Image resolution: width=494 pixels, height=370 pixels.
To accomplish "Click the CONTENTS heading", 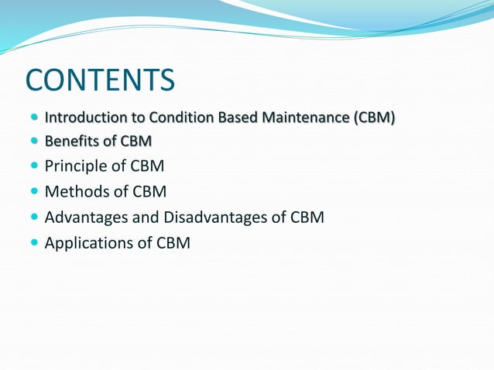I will (100, 80).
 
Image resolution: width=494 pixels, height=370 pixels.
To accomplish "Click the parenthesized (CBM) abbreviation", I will (374, 118).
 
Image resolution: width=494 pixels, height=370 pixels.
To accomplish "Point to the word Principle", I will (76, 166).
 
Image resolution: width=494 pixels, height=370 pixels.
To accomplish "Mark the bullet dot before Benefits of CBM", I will (33, 142).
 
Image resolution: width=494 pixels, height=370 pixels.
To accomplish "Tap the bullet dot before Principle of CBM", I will (33, 166).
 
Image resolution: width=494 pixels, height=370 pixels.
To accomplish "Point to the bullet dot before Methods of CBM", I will (33, 192).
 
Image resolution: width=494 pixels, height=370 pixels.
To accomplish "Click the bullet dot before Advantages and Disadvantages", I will (33, 218).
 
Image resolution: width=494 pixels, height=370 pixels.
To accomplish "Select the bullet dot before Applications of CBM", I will (33, 243).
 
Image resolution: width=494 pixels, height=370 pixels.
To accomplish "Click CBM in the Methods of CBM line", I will (149, 191).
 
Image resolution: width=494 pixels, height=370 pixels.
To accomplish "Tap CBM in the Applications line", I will (173, 243).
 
